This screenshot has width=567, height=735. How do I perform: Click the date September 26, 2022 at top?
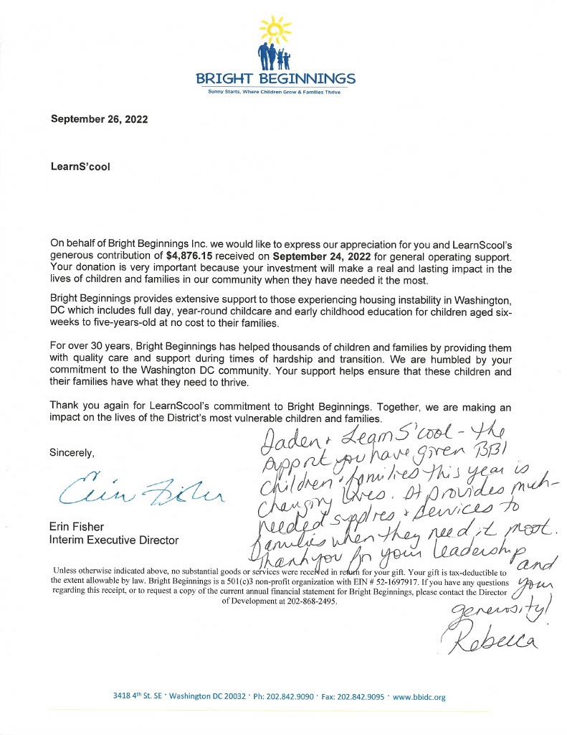pyautogui.click(x=99, y=119)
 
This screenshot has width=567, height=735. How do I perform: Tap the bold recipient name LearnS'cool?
pyautogui.click(x=81, y=166)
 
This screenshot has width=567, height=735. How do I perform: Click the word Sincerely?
pyautogui.click(x=72, y=453)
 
